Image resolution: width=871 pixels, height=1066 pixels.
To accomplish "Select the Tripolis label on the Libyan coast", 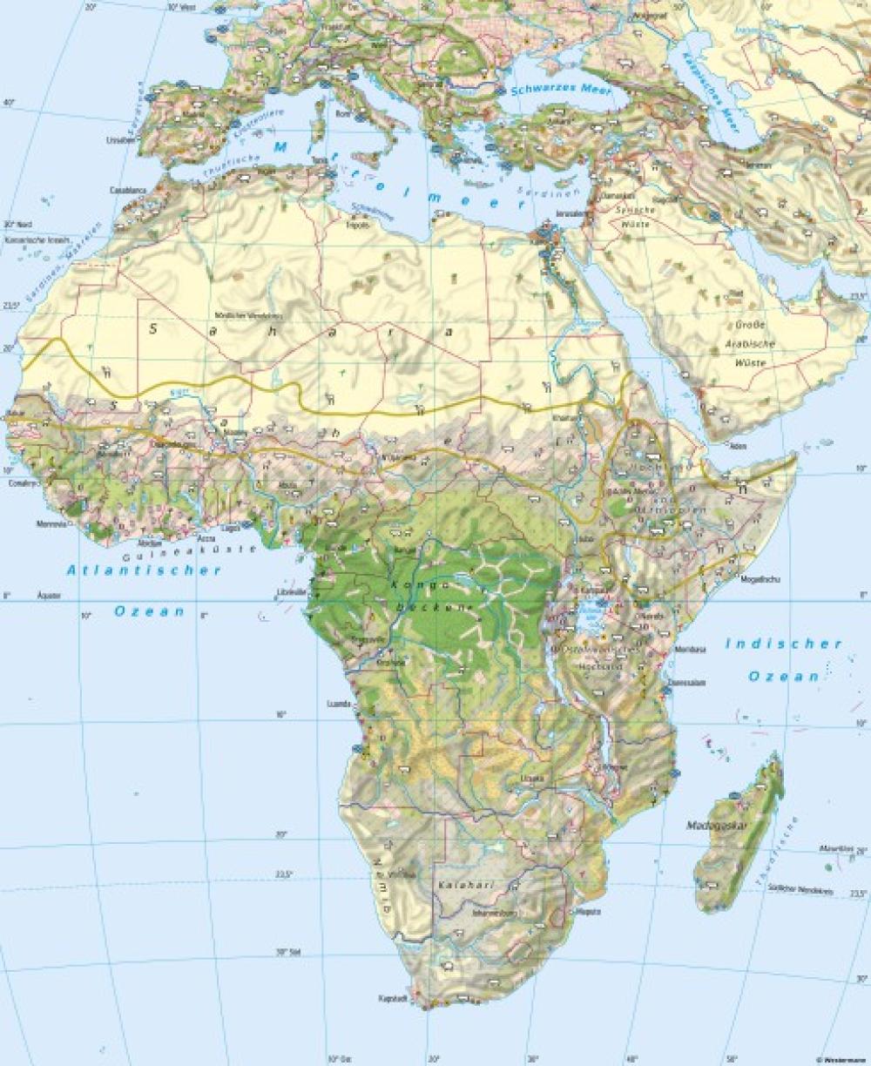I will (x=358, y=225).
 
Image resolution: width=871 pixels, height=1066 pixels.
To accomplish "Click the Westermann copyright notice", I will (x=841, y=1059).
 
